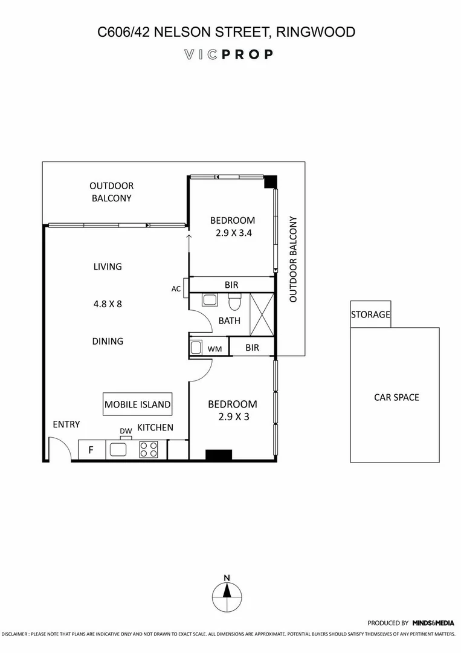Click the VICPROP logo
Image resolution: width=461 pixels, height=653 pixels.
(x=228, y=54)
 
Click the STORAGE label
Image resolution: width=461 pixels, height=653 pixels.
(x=370, y=315)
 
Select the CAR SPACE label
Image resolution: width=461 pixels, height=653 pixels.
(x=396, y=397)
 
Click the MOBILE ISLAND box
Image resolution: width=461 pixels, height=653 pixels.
(x=138, y=404)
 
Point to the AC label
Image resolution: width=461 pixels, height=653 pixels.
(x=176, y=289)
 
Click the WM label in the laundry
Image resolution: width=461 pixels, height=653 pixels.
(x=214, y=349)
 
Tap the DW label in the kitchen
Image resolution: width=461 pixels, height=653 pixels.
(x=126, y=431)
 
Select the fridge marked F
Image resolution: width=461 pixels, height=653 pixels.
(x=91, y=450)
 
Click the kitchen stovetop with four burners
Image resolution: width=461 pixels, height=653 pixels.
(x=149, y=449)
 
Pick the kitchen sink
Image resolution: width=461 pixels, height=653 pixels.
(x=117, y=449)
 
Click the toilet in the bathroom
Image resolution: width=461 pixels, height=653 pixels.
(x=234, y=301)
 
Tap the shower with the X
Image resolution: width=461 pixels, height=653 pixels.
(x=261, y=314)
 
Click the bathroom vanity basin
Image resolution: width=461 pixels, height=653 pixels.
(x=210, y=299)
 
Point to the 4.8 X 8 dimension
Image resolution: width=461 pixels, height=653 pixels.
(x=108, y=304)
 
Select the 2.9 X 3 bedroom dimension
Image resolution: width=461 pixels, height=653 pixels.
(x=233, y=416)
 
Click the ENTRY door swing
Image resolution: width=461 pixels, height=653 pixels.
(x=59, y=450)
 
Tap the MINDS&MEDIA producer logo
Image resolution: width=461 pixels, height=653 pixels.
(x=433, y=623)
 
